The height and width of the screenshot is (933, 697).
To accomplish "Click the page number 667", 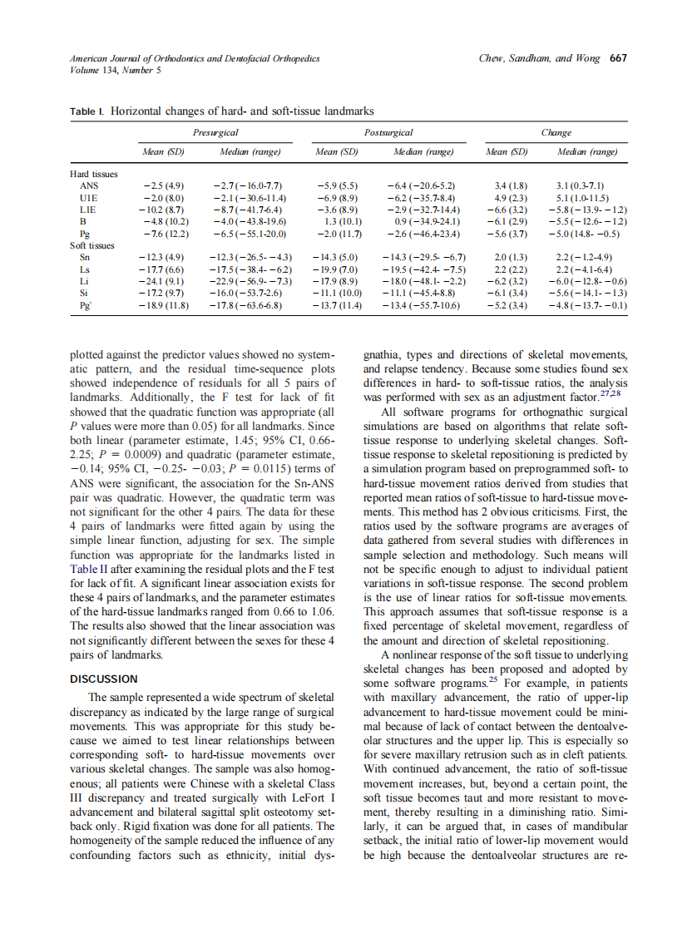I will coord(618,58).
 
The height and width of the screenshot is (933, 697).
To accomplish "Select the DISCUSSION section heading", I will coord(104,679).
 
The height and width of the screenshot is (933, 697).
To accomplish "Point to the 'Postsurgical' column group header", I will coord(388,132).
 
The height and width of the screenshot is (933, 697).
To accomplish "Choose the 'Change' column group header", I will coord(556,132).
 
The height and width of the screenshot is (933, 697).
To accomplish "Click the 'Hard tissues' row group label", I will coord(94,174).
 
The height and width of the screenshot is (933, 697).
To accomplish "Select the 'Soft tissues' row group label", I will coord(92,246).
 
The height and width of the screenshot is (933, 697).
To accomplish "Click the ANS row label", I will coord(88,186).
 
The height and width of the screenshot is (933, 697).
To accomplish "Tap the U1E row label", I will coord(88,198).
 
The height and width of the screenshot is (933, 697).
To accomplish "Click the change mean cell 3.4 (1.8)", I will coord(511,186).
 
